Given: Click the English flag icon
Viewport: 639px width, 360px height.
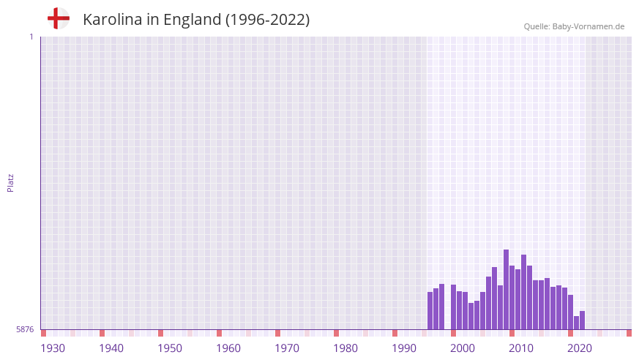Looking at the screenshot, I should (58, 19).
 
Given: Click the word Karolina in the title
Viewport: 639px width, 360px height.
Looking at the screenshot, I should (113, 20).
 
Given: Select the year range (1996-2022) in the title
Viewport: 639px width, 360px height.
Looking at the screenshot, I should (267, 20).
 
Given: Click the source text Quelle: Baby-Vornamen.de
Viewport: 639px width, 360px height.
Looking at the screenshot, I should (574, 26).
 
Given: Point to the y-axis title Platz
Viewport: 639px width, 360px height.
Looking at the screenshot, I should (10, 182).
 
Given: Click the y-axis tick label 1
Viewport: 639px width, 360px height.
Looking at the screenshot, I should (31, 37).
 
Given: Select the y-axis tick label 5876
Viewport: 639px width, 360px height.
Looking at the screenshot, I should (25, 330).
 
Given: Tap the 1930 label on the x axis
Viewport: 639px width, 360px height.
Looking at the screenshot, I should (53, 348).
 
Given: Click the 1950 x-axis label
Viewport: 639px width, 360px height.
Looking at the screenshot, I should (170, 348).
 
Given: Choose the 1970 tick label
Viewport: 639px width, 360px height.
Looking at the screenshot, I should (287, 348).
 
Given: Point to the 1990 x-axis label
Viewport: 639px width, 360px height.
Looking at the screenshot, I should (404, 348).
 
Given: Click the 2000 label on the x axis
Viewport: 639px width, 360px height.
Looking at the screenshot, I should (463, 348).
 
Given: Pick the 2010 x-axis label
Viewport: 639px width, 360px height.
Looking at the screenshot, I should (521, 348).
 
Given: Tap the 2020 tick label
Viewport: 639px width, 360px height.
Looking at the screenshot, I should (580, 348).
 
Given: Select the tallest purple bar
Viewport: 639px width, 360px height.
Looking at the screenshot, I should (506, 290).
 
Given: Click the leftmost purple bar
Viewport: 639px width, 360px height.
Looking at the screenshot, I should (430, 311).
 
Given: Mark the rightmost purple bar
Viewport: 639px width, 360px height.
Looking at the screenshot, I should (582, 320).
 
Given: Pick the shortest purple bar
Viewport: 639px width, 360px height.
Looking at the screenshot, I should (576, 323).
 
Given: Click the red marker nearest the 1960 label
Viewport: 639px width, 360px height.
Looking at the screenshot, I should (219, 333).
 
